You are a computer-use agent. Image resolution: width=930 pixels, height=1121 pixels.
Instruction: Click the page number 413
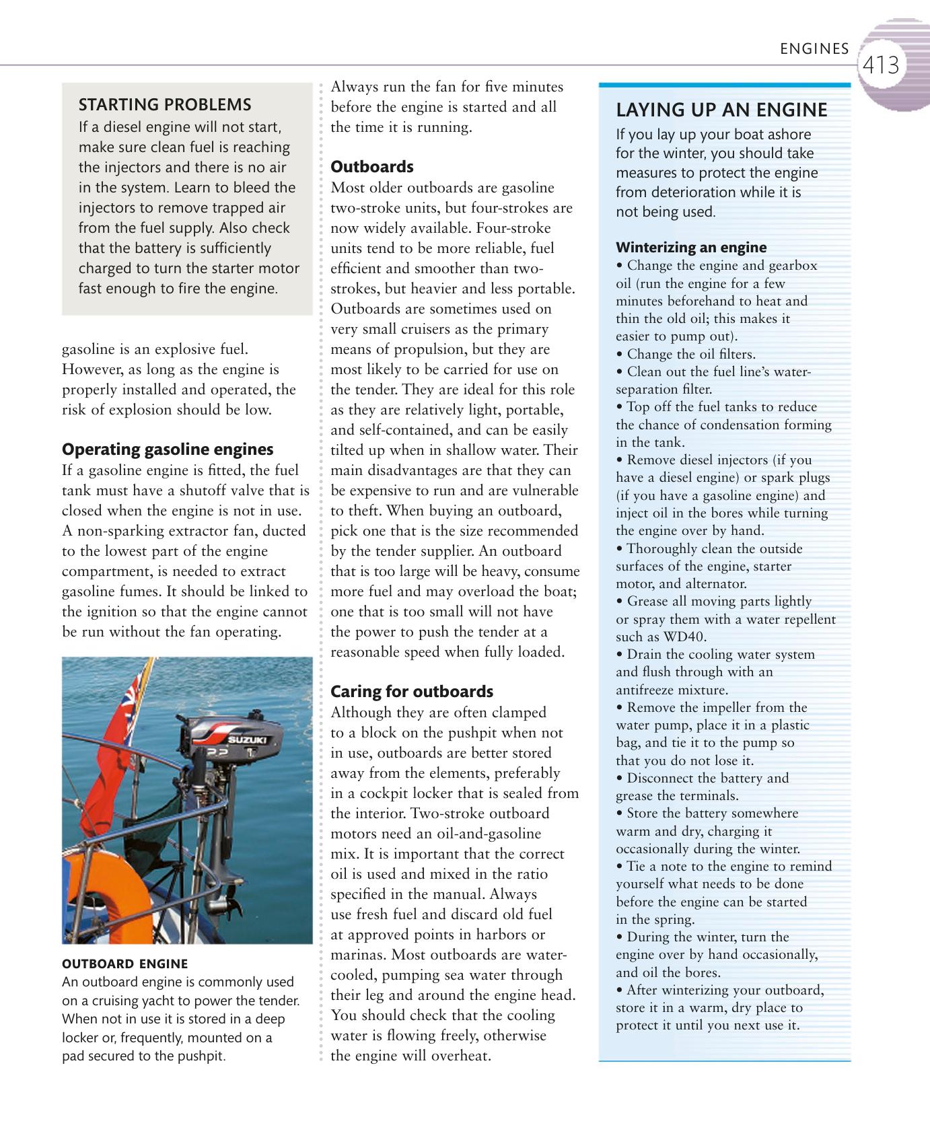tap(881, 65)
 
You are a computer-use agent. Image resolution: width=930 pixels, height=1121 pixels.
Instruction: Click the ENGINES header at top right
tap(814, 48)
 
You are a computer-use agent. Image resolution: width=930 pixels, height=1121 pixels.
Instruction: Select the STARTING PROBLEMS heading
tap(165, 104)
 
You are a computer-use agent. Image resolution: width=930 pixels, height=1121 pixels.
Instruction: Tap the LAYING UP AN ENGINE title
tap(722, 110)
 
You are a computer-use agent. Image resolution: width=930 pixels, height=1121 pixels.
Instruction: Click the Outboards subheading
tap(372, 166)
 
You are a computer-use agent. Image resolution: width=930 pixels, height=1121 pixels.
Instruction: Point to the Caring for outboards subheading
tap(412, 691)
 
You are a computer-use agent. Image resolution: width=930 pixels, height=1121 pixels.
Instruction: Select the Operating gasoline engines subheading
tap(168, 449)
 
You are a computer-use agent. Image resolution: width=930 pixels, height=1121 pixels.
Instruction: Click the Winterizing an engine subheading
tap(691, 247)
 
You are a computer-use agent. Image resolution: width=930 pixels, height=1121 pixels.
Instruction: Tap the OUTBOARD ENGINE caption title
tap(124, 963)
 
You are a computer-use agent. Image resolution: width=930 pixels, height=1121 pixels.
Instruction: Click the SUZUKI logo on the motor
tap(247, 740)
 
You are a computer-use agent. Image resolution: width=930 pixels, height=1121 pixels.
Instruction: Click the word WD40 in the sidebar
tap(685, 637)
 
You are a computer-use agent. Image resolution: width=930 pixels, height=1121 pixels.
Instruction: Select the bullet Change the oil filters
tap(690, 354)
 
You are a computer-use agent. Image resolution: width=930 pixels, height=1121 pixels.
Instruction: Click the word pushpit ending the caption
tap(201, 1056)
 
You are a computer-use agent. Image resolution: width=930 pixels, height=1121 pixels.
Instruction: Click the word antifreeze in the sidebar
tap(645, 690)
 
